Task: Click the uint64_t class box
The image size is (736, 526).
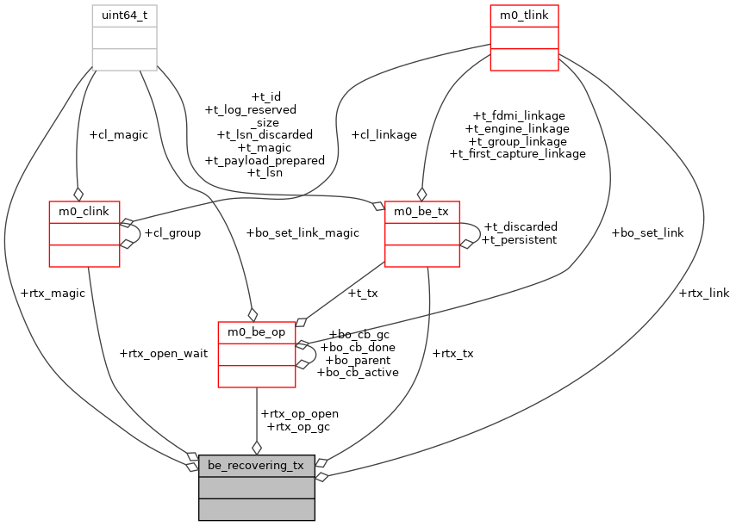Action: click(x=124, y=37)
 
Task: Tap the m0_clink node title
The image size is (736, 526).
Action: click(x=84, y=212)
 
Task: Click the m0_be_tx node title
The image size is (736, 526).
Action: click(x=421, y=212)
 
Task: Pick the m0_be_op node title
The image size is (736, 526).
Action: click(x=256, y=332)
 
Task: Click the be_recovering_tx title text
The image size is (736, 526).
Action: click(x=256, y=466)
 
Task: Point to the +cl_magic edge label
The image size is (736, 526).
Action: click(x=118, y=134)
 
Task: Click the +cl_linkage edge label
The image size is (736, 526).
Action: click(x=384, y=134)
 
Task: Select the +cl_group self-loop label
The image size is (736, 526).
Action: click(x=172, y=232)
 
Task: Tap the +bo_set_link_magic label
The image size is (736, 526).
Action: click(x=302, y=232)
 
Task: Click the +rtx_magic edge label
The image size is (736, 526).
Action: click(x=52, y=293)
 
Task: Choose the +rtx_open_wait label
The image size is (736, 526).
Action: click(x=164, y=353)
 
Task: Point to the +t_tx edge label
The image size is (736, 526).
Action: click(x=362, y=293)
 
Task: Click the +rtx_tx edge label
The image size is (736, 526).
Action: click(x=452, y=353)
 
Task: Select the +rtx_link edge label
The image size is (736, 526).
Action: click(x=704, y=293)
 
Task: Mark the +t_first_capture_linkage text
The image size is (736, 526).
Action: click(x=517, y=153)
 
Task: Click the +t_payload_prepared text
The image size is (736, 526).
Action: click(x=264, y=160)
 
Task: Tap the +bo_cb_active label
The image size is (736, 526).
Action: click(x=357, y=373)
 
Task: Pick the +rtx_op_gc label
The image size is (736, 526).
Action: click(x=298, y=426)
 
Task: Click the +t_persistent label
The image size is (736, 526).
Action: click(x=519, y=239)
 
